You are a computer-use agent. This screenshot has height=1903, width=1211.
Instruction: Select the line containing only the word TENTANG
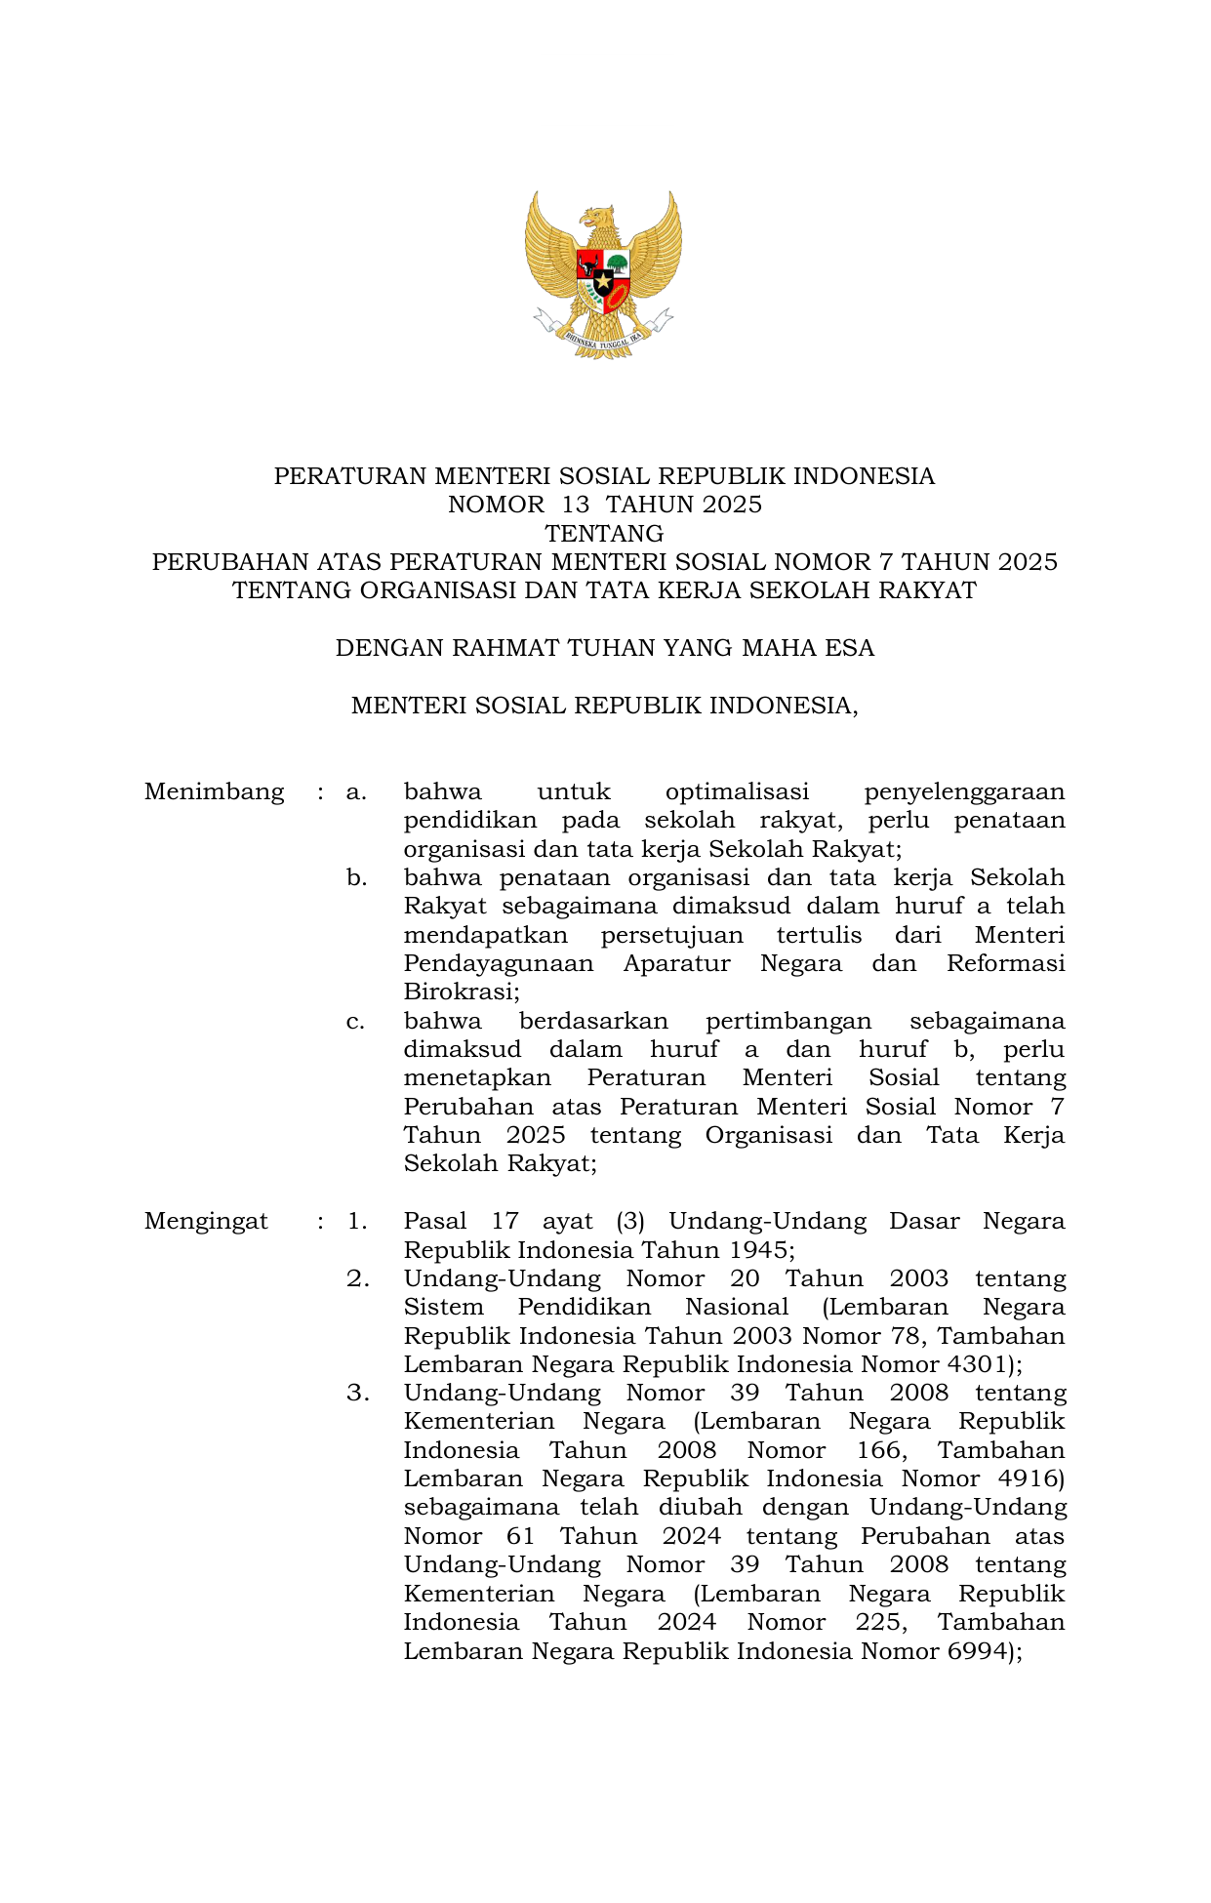coord(604,534)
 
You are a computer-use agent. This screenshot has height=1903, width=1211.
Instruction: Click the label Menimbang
coord(214,791)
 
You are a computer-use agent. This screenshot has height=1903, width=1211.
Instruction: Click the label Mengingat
coord(206,1221)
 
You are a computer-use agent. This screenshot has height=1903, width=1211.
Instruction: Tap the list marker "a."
coord(356,791)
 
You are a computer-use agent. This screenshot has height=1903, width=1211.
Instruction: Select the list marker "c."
coord(356,1021)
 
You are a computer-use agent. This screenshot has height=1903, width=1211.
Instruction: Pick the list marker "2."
coord(357,1278)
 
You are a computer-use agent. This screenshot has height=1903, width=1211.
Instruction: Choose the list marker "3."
coord(357,1393)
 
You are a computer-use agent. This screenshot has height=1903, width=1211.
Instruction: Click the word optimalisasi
coord(737,791)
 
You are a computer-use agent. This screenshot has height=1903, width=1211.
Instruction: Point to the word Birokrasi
coord(460,992)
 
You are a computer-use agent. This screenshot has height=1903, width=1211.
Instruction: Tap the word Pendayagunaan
coord(499,963)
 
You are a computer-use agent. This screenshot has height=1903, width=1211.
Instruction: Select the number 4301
coord(977,1364)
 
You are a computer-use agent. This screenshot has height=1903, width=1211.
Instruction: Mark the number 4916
coord(1027,1478)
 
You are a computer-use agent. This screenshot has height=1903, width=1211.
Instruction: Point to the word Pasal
coord(435,1221)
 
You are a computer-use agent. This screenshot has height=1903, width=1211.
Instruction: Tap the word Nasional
coord(737,1307)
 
